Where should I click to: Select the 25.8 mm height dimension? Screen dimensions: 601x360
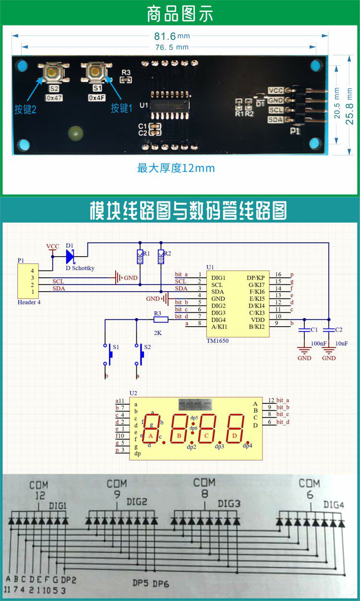(x=350, y=106)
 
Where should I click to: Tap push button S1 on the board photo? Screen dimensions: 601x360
(x=96, y=72)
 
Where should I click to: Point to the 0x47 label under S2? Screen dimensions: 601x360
(x=54, y=97)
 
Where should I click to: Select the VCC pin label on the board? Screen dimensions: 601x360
(x=276, y=91)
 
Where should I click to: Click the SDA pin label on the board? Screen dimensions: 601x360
(x=276, y=120)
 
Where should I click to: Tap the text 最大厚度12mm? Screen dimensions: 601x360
(x=176, y=168)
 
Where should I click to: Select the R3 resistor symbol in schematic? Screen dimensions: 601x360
(x=160, y=319)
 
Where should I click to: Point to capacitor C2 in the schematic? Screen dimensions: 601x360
(x=329, y=330)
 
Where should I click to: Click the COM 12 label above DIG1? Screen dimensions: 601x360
(x=38, y=489)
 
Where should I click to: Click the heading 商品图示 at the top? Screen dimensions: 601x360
(x=180, y=14)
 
